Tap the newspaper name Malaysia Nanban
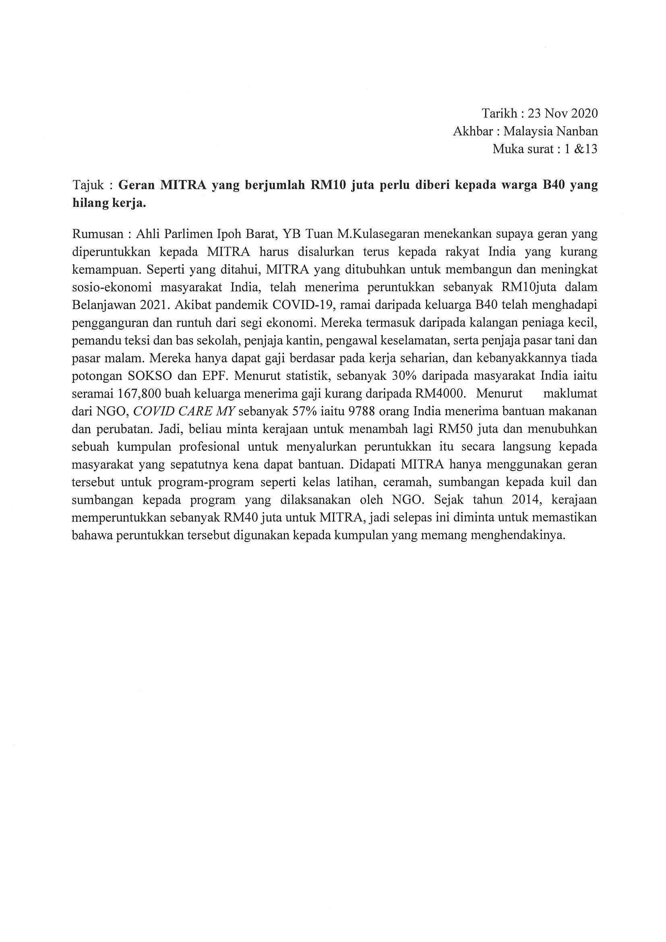click(x=550, y=131)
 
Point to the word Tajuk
click(x=88, y=186)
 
